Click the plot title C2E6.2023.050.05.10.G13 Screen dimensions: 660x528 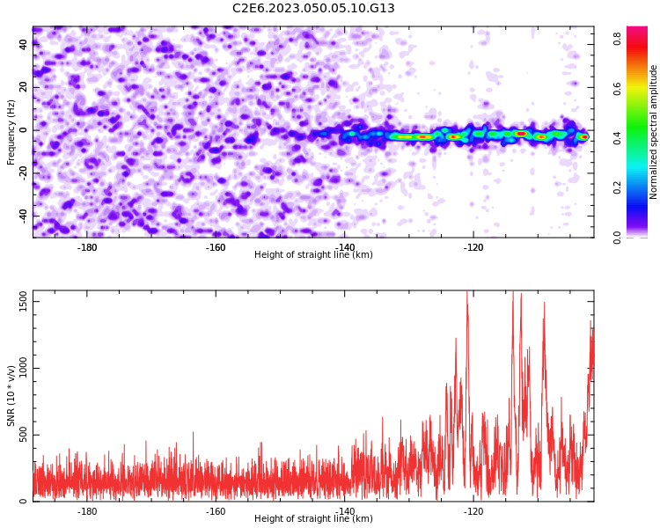[x=313, y=8]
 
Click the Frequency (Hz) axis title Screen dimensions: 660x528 [x=11, y=132]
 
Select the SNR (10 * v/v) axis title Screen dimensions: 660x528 [x=11, y=396]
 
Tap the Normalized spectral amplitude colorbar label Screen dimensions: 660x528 [x=653, y=132]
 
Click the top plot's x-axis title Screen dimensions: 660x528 [x=313, y=254]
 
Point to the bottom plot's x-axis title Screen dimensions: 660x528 [x=313, y=518]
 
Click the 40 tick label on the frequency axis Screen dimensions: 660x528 [x=23, y=44]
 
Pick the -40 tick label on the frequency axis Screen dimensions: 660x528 [x=23, y=216]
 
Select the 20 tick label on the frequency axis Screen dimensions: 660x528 [x=23, y=87]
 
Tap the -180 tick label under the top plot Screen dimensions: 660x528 [x=87, y=247]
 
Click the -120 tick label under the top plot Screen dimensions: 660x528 [x=473, y=247]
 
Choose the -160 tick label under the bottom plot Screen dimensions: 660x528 [x=216, y=511]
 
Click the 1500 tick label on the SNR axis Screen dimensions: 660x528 [x=23, y=302]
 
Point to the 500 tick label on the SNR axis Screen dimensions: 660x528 [x=23, y=435]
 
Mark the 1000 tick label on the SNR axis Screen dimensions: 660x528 [x=23, y=368]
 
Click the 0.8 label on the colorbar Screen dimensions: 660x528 [x=617, y=39]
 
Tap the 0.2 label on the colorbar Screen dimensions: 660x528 [x=617, y=187]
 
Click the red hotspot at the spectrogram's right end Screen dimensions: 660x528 [x=584, y=137]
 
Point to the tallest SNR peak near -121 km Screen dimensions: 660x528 [x=467, y=292]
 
